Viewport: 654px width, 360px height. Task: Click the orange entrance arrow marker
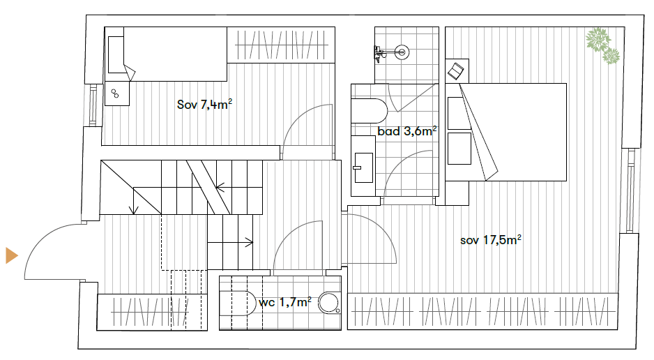pos(11,255)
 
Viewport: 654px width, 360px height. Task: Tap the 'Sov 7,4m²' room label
pos(204,105)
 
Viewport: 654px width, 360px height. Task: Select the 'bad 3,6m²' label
pos(406,131)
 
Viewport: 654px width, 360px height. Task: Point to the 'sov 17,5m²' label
pos(491,241)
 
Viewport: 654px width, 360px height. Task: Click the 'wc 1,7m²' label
pos(284,303)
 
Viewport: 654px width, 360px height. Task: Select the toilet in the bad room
pos(370,110)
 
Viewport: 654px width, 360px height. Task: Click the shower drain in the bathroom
pos(401,51)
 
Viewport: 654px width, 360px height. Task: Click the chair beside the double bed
pos(457,69)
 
